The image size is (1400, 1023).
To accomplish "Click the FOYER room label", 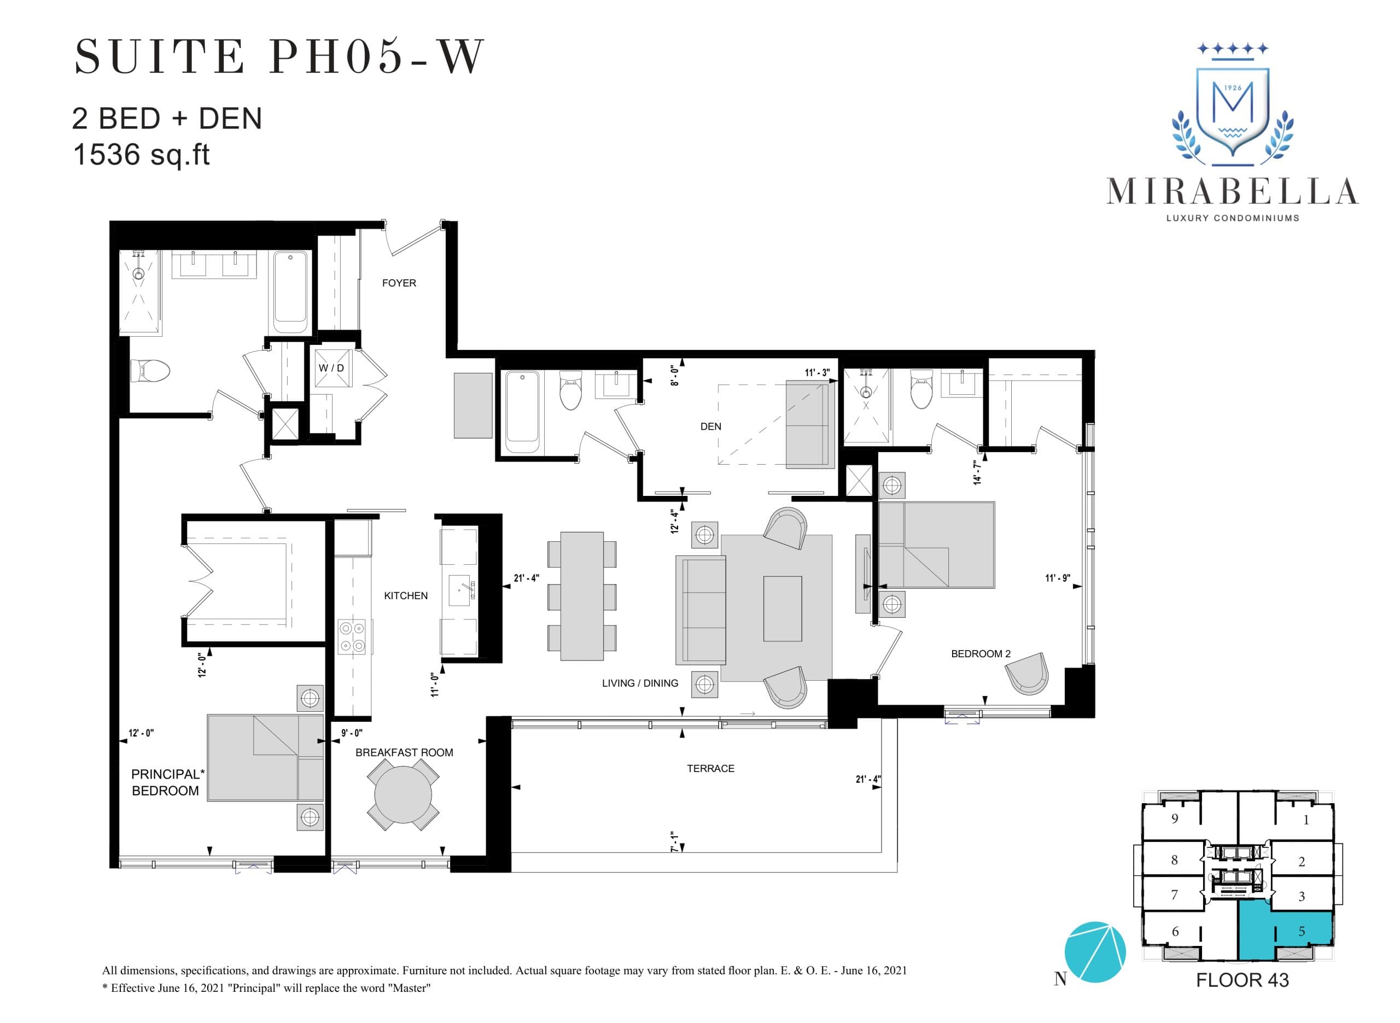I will coord(399,283).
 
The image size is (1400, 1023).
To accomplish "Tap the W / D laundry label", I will coord(331,368).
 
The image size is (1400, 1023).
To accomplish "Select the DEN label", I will coord(710,426).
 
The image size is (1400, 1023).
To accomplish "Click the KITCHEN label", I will coord(406,596).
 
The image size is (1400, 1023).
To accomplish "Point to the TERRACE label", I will coord(710,769).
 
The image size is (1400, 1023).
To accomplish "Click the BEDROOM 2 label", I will coord(980,654).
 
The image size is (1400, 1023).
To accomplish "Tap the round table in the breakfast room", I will coord(403,794).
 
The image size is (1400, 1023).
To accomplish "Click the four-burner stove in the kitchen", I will coord(352,637).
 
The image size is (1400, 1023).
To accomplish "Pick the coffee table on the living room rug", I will coord(782,609).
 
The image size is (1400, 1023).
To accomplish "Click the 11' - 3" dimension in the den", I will coord(816,373).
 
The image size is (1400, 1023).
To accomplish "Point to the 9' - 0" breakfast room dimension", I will coord(352,733).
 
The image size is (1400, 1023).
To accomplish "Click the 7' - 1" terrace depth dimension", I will coord(674,842).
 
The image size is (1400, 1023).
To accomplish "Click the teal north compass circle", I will coord(1095,952).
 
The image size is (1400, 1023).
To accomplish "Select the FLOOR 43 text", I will coord(1242,981).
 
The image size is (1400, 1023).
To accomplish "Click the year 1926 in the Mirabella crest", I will coord(1233,88).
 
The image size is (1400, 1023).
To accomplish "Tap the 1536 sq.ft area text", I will coord(142,155).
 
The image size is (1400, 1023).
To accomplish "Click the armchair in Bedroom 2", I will coord(1027,674).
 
